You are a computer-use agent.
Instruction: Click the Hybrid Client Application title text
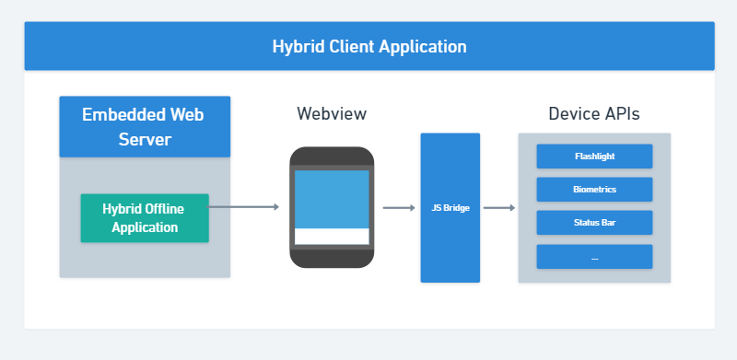(369, 47)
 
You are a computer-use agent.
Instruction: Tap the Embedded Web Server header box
(145, 126)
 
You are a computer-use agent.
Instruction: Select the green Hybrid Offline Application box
(145, 218)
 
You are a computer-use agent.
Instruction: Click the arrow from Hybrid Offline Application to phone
(243, 207)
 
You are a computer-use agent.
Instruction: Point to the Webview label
(332, 114)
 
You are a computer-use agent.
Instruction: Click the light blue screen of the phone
(332, 199)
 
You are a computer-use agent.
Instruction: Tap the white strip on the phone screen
(332, 237)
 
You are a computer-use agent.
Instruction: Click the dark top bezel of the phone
(332, 156)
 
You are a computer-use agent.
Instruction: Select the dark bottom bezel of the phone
(332, 259)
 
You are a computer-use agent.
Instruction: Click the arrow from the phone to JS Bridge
(399, 208)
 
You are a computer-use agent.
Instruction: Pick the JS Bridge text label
(450, 208)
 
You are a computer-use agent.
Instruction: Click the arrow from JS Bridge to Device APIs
(499, 208)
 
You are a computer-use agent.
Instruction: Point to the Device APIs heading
(594, 114)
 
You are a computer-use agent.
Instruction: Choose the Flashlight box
(594, 156)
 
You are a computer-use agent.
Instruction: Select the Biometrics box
(594, 190)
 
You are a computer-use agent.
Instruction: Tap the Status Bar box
(594, 222)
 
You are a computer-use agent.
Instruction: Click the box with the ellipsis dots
(594, 257)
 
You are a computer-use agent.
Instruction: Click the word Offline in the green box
(165, 209)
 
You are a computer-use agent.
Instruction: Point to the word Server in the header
(145, 140)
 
